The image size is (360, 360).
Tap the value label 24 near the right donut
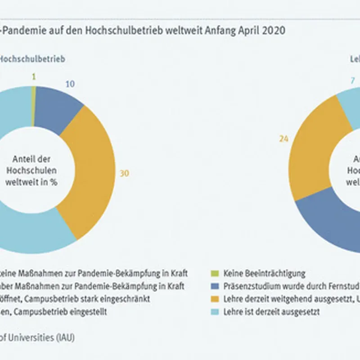(x=283, y=139)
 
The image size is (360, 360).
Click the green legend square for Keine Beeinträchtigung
(x=215, y=273)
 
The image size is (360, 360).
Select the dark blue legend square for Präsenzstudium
(x=215, y=286)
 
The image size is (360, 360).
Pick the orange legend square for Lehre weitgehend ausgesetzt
(x=215, y=299)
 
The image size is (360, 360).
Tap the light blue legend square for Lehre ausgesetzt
(x=215, y=311)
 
